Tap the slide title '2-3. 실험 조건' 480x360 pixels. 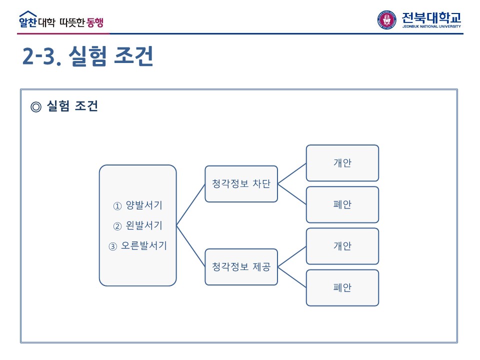pos(87,57)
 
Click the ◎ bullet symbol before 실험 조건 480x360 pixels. pos(35,106)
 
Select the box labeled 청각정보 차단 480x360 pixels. pos(241,184)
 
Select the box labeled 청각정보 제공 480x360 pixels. pos(241,267)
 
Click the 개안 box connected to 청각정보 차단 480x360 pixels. pos(342,163)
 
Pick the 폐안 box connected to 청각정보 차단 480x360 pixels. pos(342,204)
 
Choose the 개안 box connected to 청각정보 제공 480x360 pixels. pos(342,246)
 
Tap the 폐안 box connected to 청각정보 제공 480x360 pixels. pos(342,287)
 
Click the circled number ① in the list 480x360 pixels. pos(117,206)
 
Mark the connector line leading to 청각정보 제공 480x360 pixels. pos(190,246)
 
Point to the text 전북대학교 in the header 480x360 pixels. pos(431,17)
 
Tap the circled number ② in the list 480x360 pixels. pos(117,226)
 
